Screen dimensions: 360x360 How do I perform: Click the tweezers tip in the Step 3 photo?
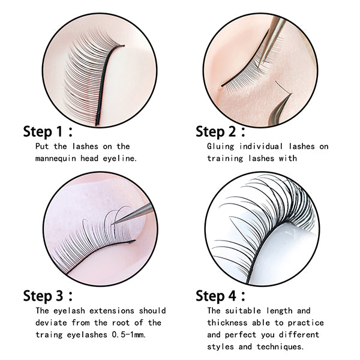(x=115, y=221)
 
